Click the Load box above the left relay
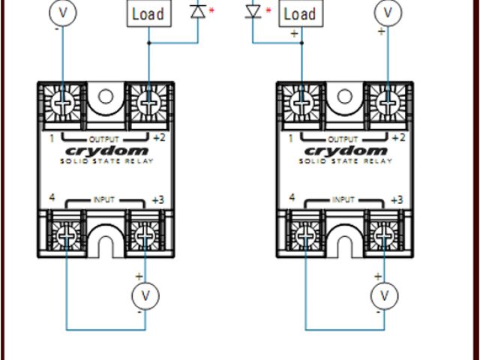point(147,13)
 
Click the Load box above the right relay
point(299,13)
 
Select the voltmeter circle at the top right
point(388,12)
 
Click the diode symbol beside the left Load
point(199,11)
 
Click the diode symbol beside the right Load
point(253,11)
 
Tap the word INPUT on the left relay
point(105,200)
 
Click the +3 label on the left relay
point(157,200)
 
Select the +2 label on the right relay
point(398,138)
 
